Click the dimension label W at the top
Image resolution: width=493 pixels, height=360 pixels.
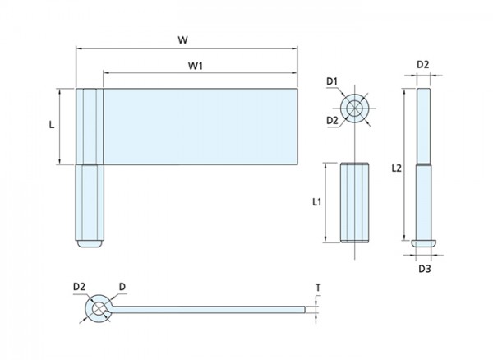[188, 38]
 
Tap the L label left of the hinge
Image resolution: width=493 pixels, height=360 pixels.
[52, 125]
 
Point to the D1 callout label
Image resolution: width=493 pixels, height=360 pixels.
[332, 81]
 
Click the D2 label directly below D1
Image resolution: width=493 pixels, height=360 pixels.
[332, 121]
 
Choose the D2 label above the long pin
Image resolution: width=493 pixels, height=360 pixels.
[422, 63]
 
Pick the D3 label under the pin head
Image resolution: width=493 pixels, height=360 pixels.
[423, 268]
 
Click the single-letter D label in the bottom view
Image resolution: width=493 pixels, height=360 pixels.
[122, 286]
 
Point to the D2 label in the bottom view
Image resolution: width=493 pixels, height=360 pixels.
[79, 286]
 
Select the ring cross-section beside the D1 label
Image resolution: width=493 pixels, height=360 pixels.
[355, 108]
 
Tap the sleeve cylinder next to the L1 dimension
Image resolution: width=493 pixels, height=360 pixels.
[356, 201]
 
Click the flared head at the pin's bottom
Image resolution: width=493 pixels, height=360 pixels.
[422, 242]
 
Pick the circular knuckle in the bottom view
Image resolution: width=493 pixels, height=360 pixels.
[99, 308]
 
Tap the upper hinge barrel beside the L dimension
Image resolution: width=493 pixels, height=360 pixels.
[88, 126]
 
